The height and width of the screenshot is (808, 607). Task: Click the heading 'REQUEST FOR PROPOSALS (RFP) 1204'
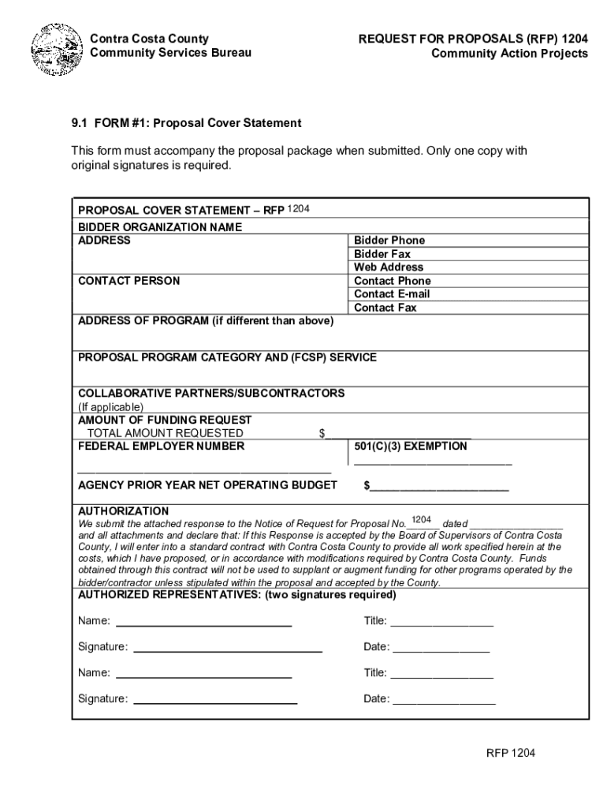click(x=473, y=39)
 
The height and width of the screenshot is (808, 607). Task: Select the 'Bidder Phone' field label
click(x=389, y=241)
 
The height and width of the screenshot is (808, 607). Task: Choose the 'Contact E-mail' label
click(x=392, y=294)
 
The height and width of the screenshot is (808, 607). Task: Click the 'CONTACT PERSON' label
click(x=128, y=281)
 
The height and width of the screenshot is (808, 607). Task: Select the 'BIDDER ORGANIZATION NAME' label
click(x=159, y=227)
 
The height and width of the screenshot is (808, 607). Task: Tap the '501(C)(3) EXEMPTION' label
click(x=410, y=447)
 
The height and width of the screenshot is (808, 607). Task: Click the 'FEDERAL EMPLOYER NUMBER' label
click(x=161, y=447)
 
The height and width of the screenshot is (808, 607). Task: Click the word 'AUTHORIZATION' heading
click(x=123, y=511)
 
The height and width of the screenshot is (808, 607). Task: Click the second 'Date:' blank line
click(x=443, y=701)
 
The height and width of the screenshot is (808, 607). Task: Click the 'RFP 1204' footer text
click(x=510, y=754)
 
